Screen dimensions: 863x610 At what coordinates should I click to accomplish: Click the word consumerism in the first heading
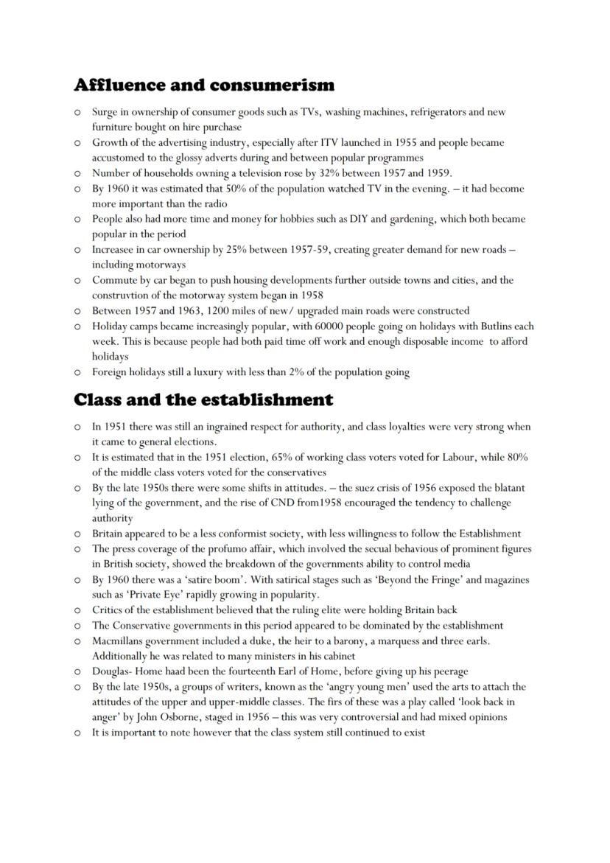[x=272, y=85]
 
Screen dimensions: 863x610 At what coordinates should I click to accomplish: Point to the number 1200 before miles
[x=211, y=310]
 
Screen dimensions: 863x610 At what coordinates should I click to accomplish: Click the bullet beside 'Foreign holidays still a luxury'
[x=77, y=372]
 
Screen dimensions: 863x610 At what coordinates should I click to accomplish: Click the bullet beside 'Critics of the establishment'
[x=77, y=610]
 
